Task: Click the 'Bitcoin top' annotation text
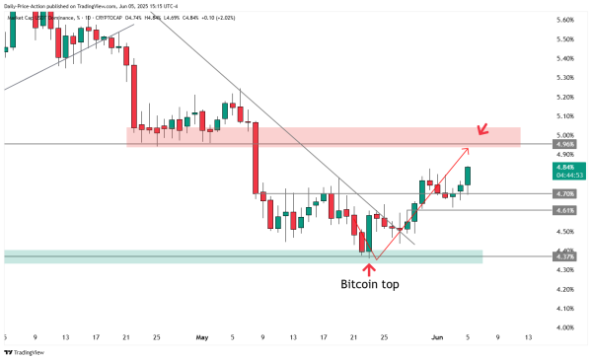tap(370, 284)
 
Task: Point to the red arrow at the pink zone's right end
tap(481, 130)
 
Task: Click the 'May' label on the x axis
tap(203, 337)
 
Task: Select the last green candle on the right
tap(468, 176)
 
